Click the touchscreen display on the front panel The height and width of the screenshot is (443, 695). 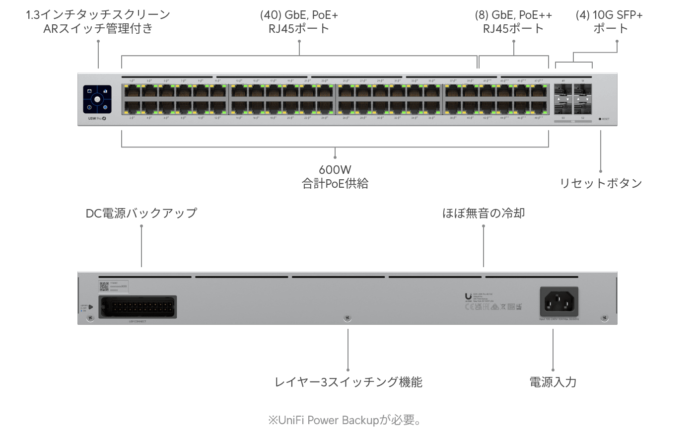point(97,99)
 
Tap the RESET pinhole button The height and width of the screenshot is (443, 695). point(600,119)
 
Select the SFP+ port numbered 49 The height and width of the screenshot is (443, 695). point(563,90)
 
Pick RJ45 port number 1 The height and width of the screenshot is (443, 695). point(132,90)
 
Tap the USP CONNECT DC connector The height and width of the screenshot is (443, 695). point(138,306)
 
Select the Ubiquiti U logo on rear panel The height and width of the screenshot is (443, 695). point(468,296)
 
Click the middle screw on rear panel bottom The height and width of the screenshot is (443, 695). point(347,318)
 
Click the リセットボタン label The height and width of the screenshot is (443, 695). point(601,183)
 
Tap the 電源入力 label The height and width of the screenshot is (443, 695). point(553,382)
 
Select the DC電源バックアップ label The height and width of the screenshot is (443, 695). point(141,213)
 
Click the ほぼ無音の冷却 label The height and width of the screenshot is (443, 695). point(484,213)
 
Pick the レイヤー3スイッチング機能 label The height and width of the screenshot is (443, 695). point(348,382)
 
